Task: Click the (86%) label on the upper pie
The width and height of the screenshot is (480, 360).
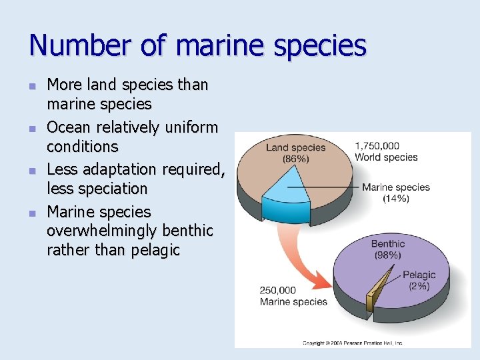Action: click(296, 159)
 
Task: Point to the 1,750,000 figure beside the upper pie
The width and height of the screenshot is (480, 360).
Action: click(377, 146)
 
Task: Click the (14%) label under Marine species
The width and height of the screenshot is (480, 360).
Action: click(396, 199)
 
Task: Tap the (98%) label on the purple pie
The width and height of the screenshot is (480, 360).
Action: click(387, 255)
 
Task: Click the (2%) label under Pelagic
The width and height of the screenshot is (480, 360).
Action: click(418, 286)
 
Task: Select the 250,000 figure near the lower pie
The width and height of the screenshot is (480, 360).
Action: click(277, 290)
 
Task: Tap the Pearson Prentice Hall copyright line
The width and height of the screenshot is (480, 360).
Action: click(352, 343)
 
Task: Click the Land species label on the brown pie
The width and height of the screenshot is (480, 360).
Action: click(296, 148)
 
